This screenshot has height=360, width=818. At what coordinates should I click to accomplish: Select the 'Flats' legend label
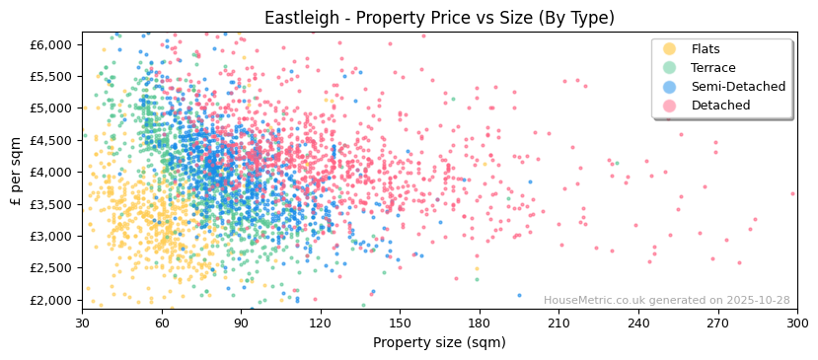[x=705, y=49]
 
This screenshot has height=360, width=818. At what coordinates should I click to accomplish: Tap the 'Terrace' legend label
[x=711, y=68]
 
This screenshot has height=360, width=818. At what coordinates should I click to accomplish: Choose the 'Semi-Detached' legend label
[x=738, y=87]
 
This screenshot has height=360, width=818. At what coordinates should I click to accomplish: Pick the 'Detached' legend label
[x=720, y=106]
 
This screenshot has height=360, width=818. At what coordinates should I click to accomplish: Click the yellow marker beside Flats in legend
[x=669, y=49]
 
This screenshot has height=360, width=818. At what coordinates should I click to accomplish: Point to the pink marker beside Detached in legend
[x=669, y=106]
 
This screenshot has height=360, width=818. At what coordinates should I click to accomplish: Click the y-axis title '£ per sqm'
[x=16, y=172]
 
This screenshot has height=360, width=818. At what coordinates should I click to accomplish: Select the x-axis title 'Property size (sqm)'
[x=439, y=342]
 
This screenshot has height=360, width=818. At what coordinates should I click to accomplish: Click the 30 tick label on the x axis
[x=83, y=323]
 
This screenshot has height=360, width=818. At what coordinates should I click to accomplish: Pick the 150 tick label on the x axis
[x=400, y=323]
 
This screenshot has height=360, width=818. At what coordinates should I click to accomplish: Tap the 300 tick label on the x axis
[x=796, y=323]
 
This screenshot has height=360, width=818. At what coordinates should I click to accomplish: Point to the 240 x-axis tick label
[x=638, y=323]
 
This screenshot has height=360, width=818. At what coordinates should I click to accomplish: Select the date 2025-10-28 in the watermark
[x=757, y=301]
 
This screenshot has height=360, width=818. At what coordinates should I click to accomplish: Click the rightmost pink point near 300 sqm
[x=792, y=193]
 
